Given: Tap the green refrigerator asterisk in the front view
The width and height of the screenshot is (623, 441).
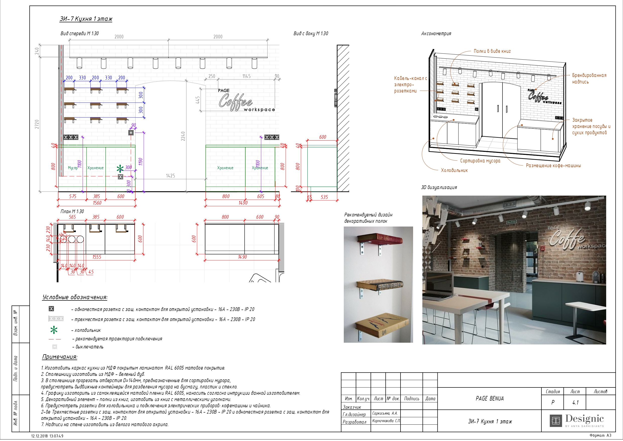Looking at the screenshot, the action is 120,169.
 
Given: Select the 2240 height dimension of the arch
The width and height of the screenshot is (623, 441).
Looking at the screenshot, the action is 183,136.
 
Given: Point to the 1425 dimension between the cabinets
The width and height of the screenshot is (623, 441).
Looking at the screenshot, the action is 171,176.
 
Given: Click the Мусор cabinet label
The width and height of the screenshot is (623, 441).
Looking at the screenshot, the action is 73,168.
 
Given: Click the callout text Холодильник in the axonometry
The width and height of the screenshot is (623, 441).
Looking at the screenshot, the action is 454,170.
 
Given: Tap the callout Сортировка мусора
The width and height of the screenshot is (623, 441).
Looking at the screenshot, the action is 480,161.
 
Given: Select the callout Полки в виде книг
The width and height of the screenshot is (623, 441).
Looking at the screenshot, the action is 492,51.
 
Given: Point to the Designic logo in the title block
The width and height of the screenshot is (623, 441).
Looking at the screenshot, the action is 577,420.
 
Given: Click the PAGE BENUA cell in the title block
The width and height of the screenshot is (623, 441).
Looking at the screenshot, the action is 489,399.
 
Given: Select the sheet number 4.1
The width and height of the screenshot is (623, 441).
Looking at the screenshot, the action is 575,403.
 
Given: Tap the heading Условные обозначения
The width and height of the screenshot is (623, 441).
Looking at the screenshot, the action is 75,297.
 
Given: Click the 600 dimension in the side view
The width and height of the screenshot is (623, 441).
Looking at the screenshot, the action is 322,137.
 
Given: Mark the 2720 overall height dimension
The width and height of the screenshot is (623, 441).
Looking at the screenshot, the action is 37,124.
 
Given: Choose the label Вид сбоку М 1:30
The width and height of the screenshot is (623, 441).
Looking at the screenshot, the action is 311,33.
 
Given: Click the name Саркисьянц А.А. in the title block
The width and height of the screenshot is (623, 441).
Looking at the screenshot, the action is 385,413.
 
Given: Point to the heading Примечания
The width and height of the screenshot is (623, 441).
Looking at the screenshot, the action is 60,357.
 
